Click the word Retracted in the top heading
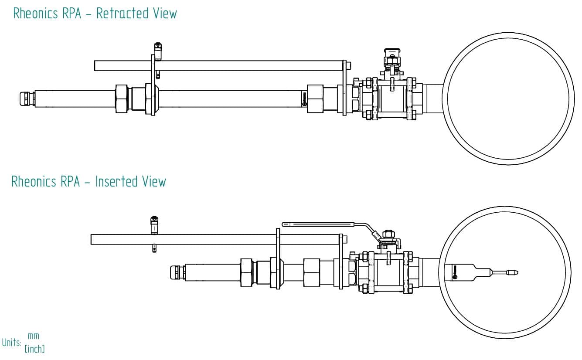(122, 13)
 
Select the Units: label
(11, 343)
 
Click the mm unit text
(34, 336)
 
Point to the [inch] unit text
(35, 349)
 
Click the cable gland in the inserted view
(177, 273)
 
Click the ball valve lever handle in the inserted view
(323, 224)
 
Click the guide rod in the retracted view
(218, 66)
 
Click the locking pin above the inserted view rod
(154, 224)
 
